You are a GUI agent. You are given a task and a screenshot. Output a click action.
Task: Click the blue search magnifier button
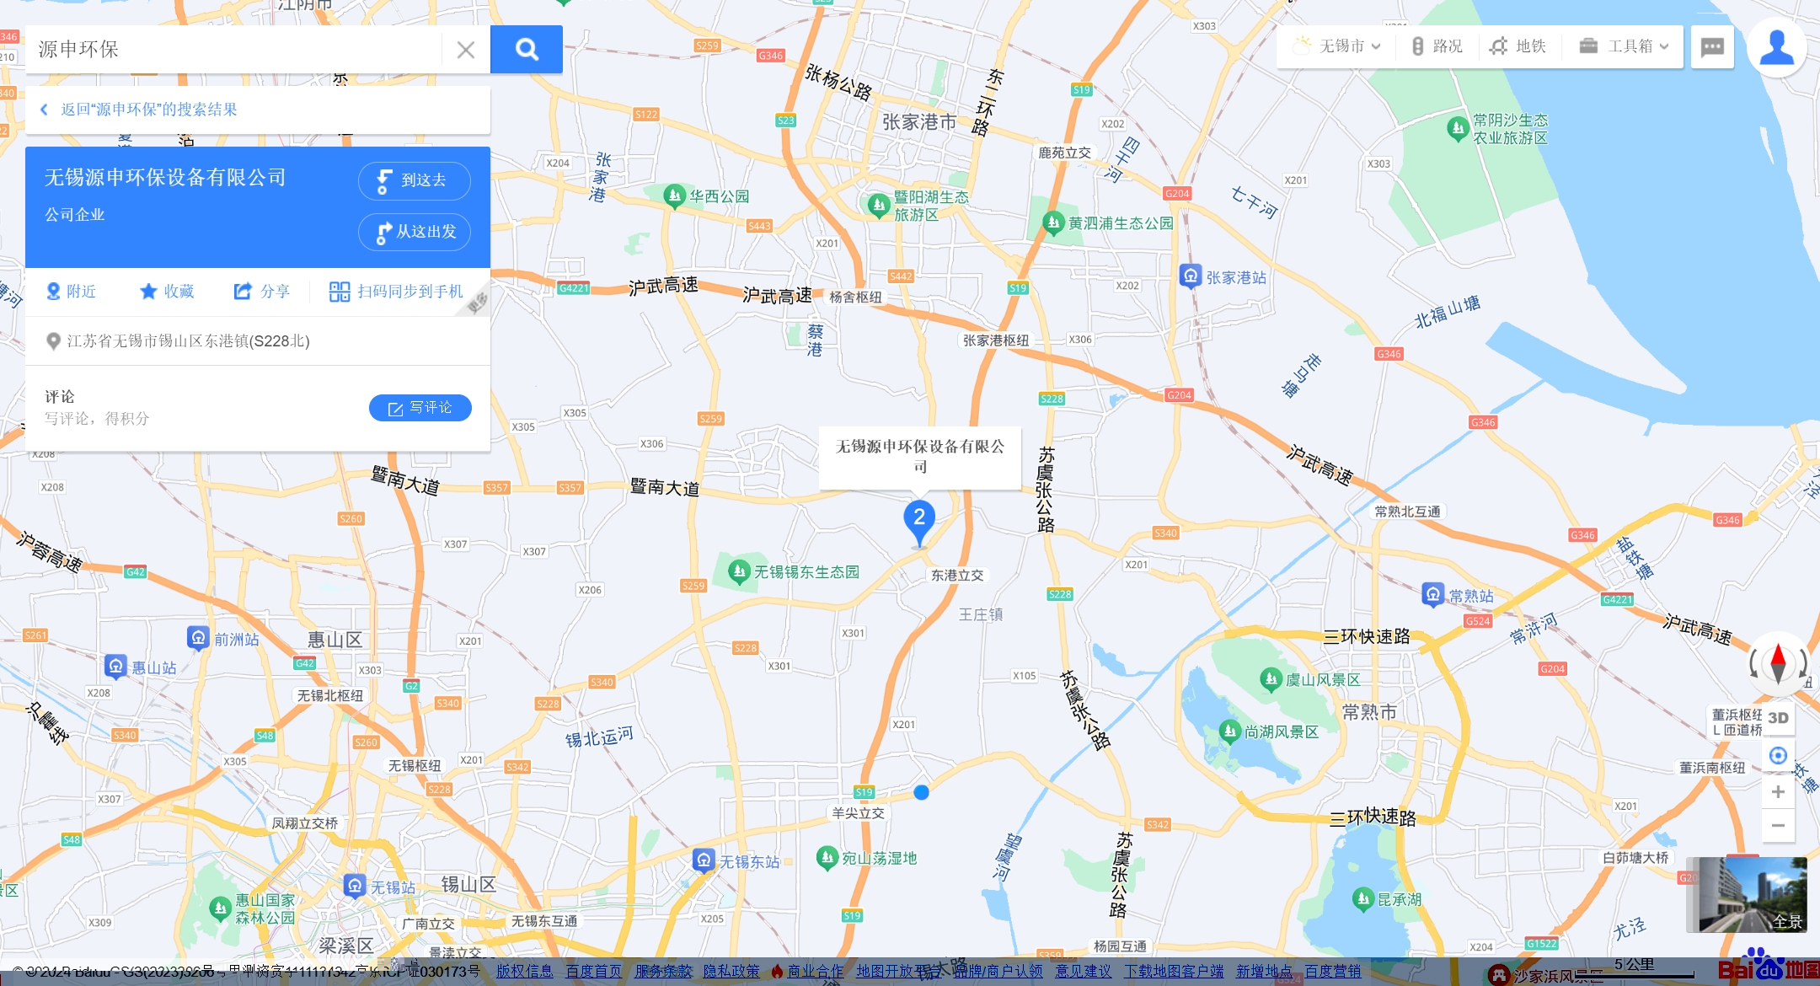click(527, 49)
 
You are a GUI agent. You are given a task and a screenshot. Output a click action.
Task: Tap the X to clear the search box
click(465, 50)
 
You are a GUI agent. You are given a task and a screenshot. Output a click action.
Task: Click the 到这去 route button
click(414, 180)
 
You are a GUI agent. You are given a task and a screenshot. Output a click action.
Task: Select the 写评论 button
click(420, 408)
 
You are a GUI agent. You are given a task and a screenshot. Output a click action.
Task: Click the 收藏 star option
click(167, 292)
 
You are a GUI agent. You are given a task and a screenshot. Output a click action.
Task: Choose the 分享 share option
click(262, 292)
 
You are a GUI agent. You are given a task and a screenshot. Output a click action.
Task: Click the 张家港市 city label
click(919, 123)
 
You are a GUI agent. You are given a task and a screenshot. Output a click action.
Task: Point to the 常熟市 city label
click(1369, 713)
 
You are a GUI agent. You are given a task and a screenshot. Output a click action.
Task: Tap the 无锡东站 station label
click(749, 862)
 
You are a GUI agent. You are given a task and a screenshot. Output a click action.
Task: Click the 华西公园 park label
click(719, 196)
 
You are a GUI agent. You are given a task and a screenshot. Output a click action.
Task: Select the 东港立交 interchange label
click(957, 576)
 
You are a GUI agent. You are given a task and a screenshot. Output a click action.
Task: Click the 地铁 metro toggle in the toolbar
click(1518, 46)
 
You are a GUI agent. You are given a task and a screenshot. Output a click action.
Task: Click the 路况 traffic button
click(1437, 46)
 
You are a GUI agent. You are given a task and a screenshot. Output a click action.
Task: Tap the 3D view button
click(1778, 718)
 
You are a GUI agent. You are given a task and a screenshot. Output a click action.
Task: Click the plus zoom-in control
click(1778, 791)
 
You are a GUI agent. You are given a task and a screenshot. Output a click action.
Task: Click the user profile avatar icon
click(1776, 48)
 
